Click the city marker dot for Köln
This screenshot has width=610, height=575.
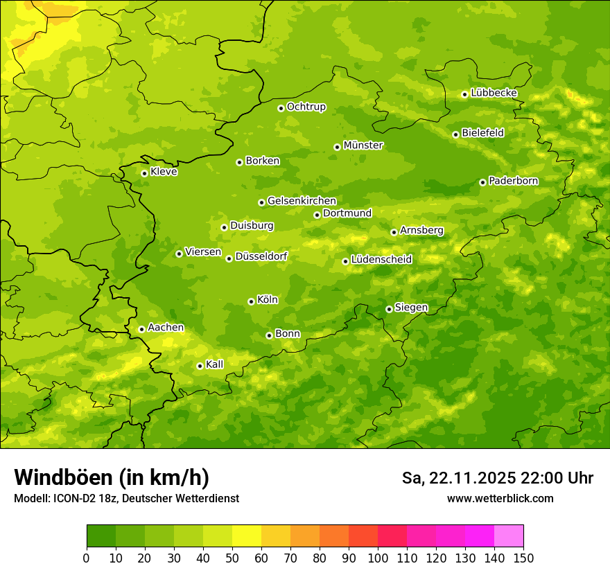[251, 301]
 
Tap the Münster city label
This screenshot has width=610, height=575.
[363, 145]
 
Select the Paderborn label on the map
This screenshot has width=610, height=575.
[513, 181]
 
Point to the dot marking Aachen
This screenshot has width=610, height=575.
[141, 329]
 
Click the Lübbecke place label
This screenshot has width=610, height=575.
[494, 93]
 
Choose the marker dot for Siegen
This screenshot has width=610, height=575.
[389, 309]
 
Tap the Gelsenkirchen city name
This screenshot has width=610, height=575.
[302, 201]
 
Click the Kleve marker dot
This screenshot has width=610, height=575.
[144, 173]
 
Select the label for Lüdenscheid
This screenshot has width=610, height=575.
[381, 260]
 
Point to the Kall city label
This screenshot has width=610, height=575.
[214, 364]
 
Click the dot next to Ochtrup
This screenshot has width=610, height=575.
[281, 108]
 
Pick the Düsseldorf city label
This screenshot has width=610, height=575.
[261, 256]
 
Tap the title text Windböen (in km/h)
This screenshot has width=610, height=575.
[111, 477]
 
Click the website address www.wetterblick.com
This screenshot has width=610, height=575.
[500, 499]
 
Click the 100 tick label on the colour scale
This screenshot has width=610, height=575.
[378, 558]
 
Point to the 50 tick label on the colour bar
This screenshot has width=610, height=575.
[232, 558]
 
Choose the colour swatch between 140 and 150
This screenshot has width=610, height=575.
[509, 536]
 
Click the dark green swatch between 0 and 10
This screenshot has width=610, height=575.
[101, 536]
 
